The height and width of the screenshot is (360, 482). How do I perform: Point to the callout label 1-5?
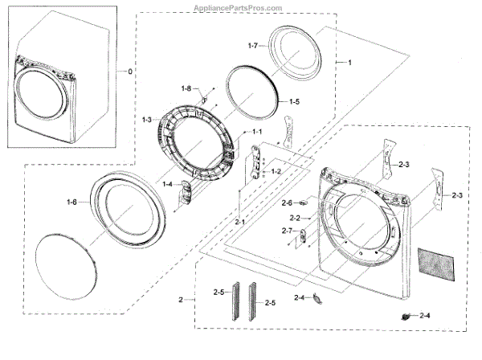(294, 102)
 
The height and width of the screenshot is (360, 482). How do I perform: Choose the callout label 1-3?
(147, 120)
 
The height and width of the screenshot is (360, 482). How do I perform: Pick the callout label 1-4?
(168, 184)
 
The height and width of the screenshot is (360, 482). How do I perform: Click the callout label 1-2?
(276, 171)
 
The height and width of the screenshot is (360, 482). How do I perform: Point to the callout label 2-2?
(295, 218)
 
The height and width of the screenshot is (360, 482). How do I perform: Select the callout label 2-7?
(288, 231)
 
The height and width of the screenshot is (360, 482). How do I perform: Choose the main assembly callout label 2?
(182, 300)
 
